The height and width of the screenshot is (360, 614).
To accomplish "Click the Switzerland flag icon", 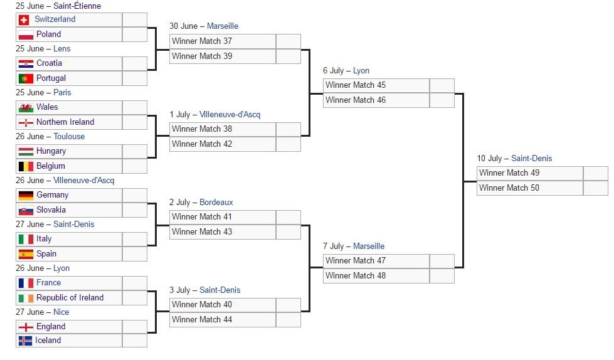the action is pyautogui.click(x=24, y=19).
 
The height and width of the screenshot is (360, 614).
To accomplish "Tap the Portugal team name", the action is pyautogui.click(x=51, y=78).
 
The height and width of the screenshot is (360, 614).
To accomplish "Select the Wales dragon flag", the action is pyautogui.click(x=26, y=107).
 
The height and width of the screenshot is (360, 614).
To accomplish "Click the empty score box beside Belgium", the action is pyautogui.click(x=135, y=166).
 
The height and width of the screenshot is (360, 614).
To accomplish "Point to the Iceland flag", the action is pyautogui.click(x=26, y=341).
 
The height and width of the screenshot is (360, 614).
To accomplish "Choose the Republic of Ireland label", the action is pyautogui.click(x=70, y=297).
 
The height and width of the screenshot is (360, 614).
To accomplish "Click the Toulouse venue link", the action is pyautogui.click(x=69, y=136).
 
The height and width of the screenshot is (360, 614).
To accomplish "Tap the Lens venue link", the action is pyautogui.click(x=62, y=48).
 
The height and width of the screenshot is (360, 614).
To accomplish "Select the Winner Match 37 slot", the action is pyautogui.click(x=223, y=41).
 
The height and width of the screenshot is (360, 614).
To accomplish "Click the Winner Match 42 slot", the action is pyautogui.click(x=223, y=144).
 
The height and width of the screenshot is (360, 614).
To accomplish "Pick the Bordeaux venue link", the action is pyautogui.click(x=216, y=202).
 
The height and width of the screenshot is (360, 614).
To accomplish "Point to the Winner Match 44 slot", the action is pyautogui.click(x=223, y=320).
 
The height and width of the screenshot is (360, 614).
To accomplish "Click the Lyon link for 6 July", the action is pyautogui.click(x=361, y=70).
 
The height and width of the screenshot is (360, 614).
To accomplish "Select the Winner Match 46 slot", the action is pyautogui.click(x=377, y=100).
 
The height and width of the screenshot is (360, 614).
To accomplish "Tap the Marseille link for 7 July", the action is pyautogui.click(x=369, y=246).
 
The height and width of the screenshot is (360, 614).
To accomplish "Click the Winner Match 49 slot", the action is pyautogui.click(x=530, y=172).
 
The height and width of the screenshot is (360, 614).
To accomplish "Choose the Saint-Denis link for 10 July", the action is pyautogui.click(x=531, y=158).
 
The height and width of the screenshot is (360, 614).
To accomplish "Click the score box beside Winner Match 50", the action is pyautogui.click(x=596, y=188).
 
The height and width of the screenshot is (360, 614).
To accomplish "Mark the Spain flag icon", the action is pyautogui.click(x=26, y=254).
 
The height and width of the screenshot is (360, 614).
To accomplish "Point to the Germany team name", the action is pyautogui.click(x=53, y=194).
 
